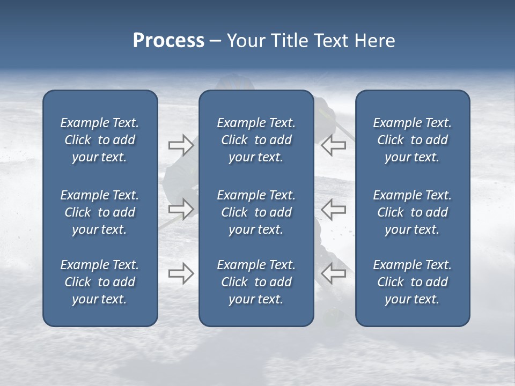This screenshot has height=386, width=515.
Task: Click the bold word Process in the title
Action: (x=168, y=41)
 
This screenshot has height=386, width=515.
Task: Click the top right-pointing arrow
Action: (x=181, y=145)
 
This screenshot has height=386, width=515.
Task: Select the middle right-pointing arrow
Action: (x=181, y=210)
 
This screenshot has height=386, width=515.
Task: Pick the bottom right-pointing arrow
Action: (x=181, y=273)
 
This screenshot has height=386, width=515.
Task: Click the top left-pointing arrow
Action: (x=334, y=145)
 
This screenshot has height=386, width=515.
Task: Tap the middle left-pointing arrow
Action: (x=334, y=210)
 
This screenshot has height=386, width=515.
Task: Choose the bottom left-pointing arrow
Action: (x=334, y=273)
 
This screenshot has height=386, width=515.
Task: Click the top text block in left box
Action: (x=100, y=140)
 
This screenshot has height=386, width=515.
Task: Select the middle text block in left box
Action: (x=100, y=212)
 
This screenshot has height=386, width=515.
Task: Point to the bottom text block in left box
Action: (x=100, y=282)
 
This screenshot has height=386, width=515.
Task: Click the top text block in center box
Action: (x=256, y=140)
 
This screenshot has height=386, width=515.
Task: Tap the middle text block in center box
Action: (x=256, y=212)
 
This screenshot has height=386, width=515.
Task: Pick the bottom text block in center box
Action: (x=256, y=282)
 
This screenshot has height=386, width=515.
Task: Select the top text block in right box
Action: (x=412, y=140)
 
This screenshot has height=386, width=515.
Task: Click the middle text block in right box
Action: (x=412, y=212)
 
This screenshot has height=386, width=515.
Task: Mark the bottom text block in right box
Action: (x=412, y=282)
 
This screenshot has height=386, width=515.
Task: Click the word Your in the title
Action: (x=245, y=41)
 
